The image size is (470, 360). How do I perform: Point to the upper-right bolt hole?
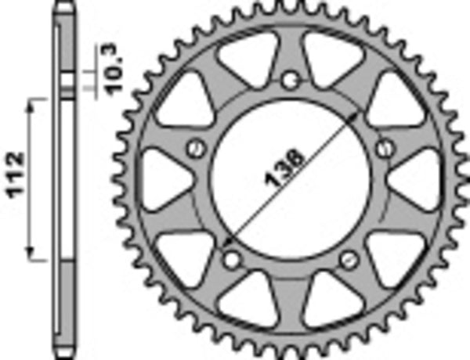pos(384,147)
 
